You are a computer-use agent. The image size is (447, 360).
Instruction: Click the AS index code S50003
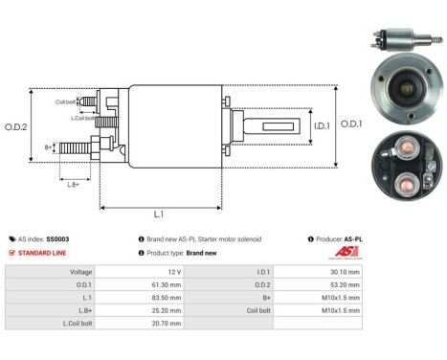pyautogui.click(x=59, y=238)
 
